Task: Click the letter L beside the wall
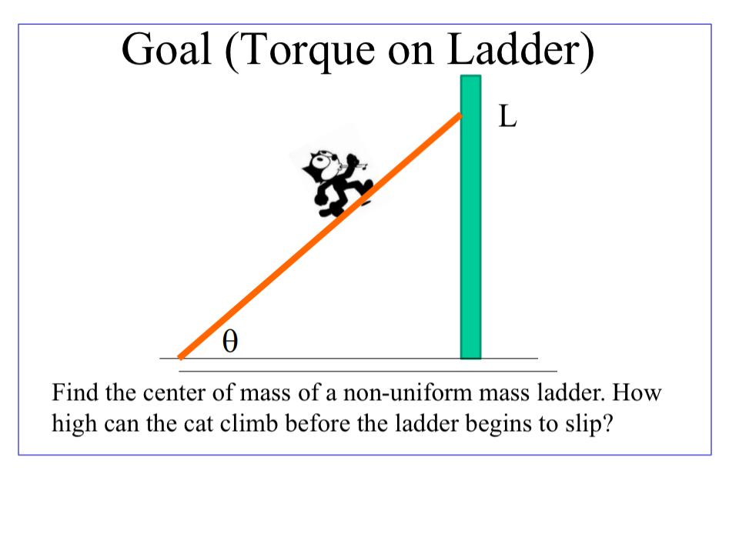click(x=507, y=116)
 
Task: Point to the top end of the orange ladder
click(x=459, y=117)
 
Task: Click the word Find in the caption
click(x=75, y=394)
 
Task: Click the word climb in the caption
click(x=229, y=424)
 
